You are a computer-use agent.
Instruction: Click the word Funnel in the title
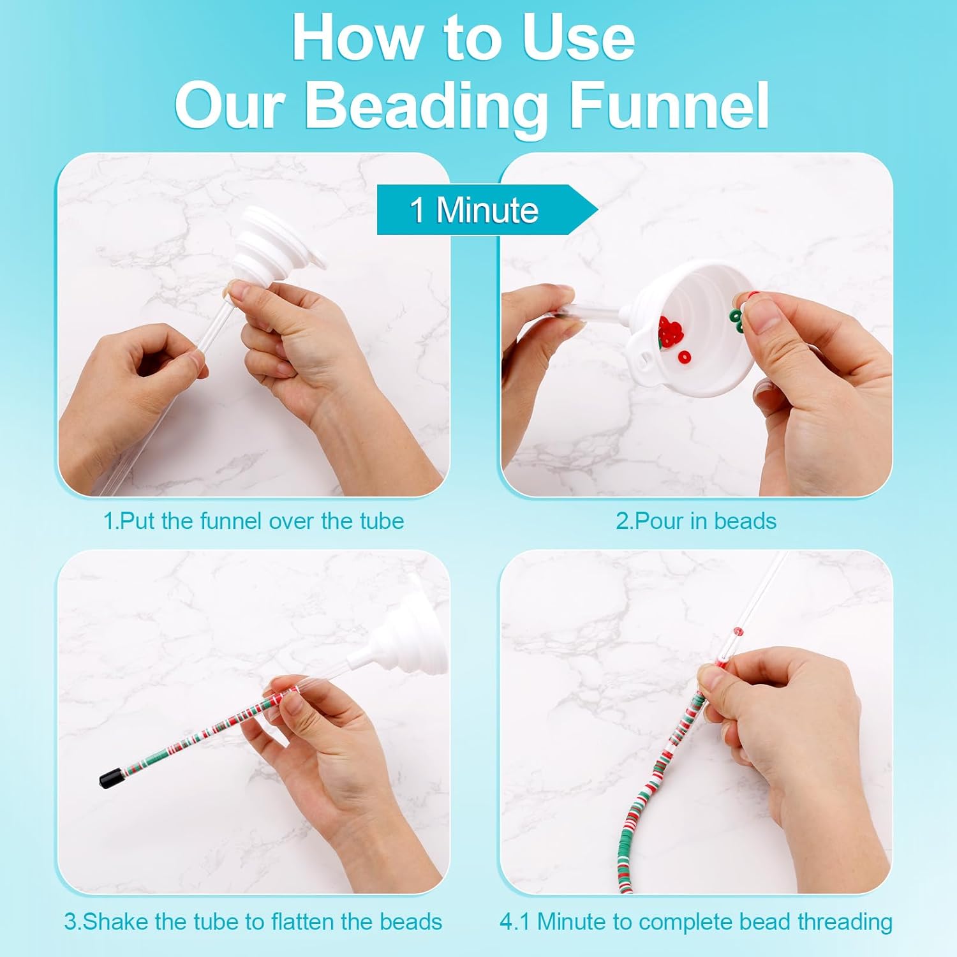668,105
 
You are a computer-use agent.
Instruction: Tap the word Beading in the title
426,105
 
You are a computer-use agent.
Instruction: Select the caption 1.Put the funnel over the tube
253,521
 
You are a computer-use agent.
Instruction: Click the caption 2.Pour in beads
695,521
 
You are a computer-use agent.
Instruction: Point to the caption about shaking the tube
253,922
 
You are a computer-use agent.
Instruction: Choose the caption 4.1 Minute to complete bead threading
695,922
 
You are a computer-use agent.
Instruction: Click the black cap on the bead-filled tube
111,778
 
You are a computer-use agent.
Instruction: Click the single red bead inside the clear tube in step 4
739,632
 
